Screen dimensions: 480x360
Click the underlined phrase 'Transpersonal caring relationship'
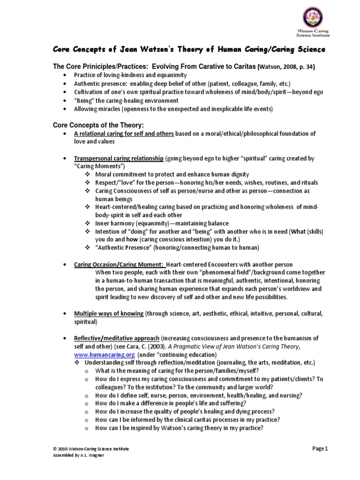coord(119,159)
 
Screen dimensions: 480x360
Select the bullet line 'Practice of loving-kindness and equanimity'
coord(130,75)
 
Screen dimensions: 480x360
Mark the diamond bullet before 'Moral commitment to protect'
coord(88,174)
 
